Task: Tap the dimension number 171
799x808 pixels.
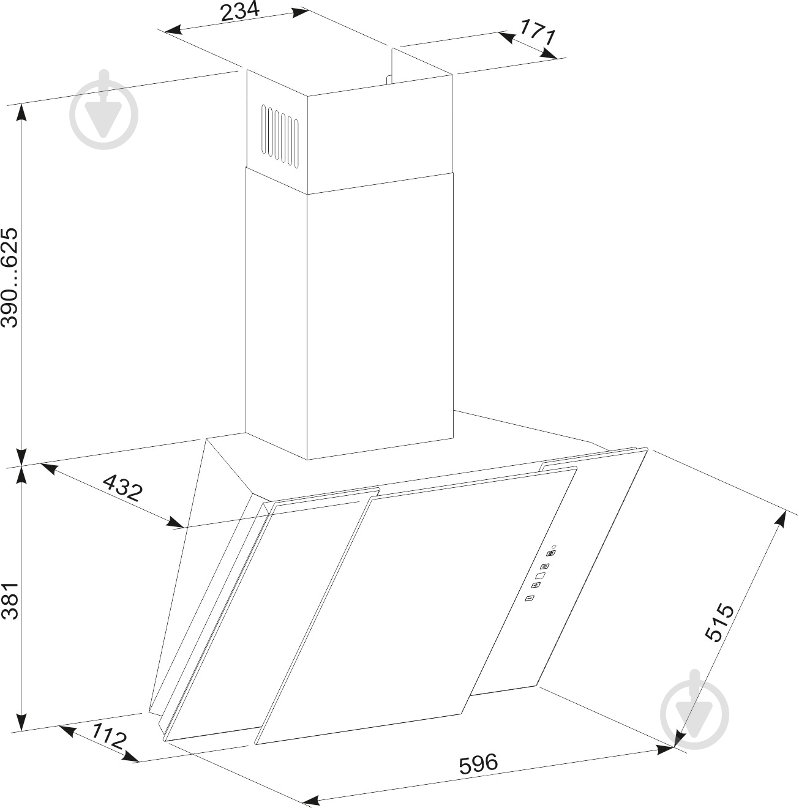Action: [x=538, y=31]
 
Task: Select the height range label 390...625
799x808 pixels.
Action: [x=9, y=277]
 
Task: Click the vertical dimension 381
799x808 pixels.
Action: [x=9, y=601]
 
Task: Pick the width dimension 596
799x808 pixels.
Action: [x=478, y=763]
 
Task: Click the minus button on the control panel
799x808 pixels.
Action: [x=530, y=598]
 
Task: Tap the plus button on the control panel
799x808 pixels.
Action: [x=536, y=585]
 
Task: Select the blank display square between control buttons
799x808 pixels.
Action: [x=540, y=576]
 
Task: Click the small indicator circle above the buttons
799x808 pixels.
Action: [x=554, y=547]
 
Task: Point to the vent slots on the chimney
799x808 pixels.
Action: [x=280, y=137]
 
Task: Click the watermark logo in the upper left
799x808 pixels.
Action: [x=103, y=110]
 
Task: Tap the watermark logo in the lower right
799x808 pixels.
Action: [x=694, y=715]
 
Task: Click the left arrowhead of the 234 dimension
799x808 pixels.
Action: [x=172, y=29]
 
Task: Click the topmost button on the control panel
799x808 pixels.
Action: [x=551, y=553]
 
